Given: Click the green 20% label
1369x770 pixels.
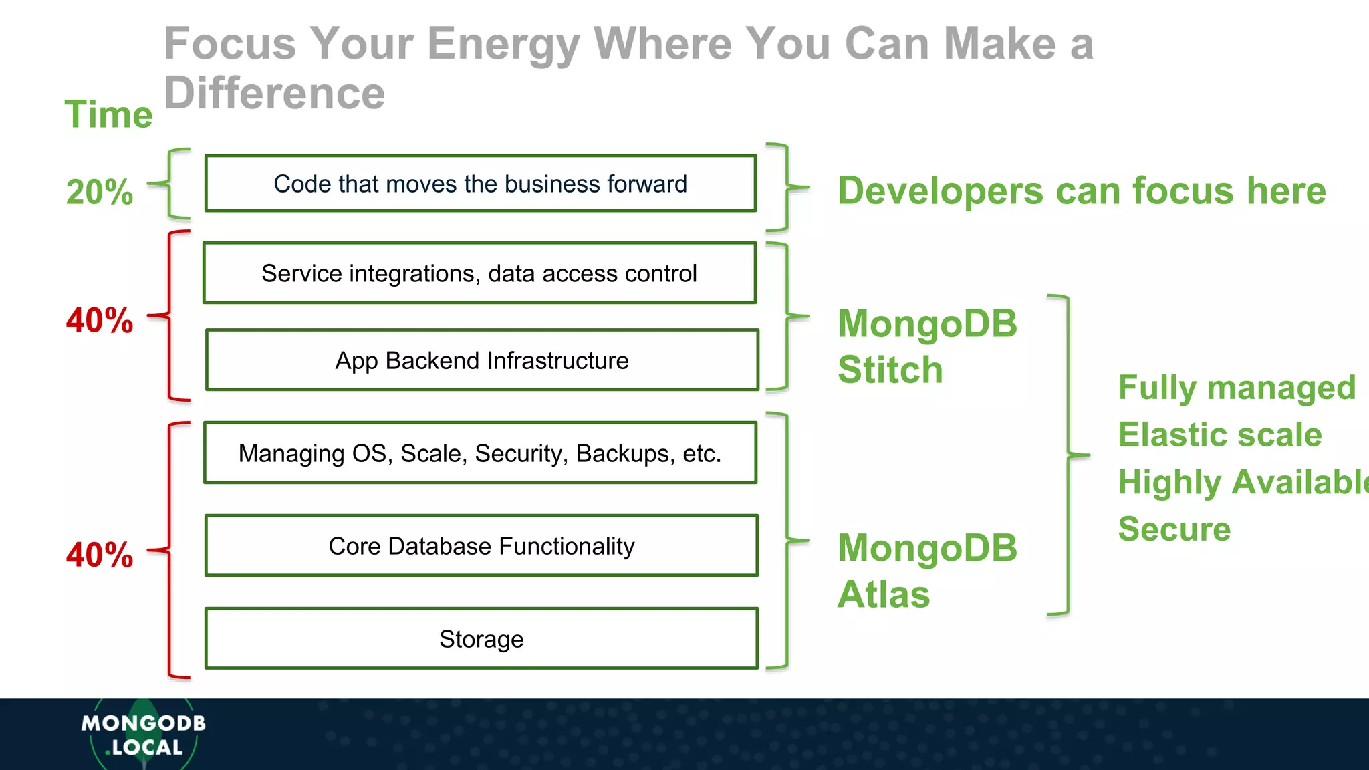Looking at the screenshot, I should (x=100, y=192).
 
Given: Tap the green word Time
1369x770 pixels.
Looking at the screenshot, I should (x=108, y=114).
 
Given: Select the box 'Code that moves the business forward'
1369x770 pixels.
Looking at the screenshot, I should (x=480, y=184).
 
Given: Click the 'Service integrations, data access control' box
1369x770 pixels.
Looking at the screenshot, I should (x=479, y=273).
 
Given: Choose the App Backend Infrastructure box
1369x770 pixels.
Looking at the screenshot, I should (x=481, y=360).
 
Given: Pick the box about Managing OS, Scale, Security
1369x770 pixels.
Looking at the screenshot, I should (x=480, y=453).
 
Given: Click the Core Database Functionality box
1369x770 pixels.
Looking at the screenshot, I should (x=481, y=546).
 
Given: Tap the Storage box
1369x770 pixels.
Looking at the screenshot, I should (x=481, y=639).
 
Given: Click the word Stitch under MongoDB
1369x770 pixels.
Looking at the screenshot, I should (x=890, y=370).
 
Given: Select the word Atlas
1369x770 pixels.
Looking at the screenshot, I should (x=883, y=594).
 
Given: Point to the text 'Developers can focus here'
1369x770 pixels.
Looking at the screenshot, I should (x=1082, y=191).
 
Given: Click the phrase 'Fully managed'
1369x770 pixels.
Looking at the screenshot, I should (x=1237, y=388).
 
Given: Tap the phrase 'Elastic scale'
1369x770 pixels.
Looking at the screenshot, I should (x=1220, y=435).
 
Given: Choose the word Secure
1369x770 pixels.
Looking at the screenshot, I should (x=1174, y=529).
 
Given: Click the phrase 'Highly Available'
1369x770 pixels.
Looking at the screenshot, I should (x=1242, y=482).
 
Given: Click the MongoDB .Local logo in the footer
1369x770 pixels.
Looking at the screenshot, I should (x=143, y=735).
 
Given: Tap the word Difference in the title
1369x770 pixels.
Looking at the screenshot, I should (x=275, y=93).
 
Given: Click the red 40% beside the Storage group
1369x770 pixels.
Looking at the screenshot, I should (x=100, y=555).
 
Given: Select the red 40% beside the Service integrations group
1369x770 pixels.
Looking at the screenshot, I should (x=100, y=320).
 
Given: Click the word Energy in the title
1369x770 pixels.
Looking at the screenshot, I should (x=503, y=44).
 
